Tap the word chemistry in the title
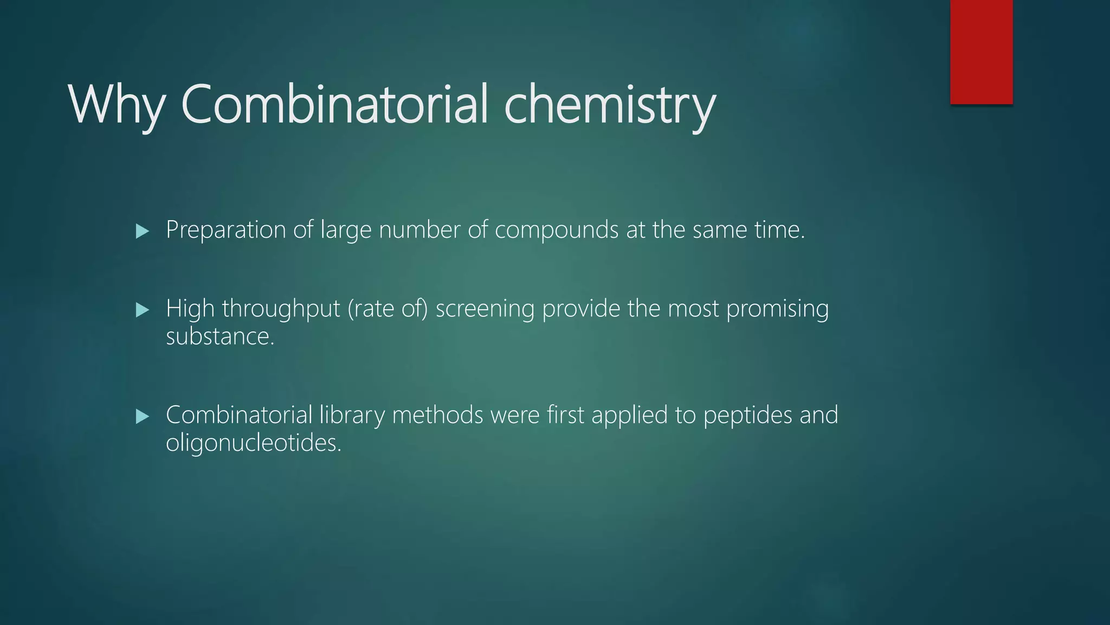tap(610, 104)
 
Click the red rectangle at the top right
tap(981, 52)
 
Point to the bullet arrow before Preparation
tap(143, 232)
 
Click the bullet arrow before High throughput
tap(143, 310)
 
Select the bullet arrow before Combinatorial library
tap(143, 417)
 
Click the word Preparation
tap(225, 230)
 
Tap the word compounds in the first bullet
tap(557, 230)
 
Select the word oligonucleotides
tap(253, 443)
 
